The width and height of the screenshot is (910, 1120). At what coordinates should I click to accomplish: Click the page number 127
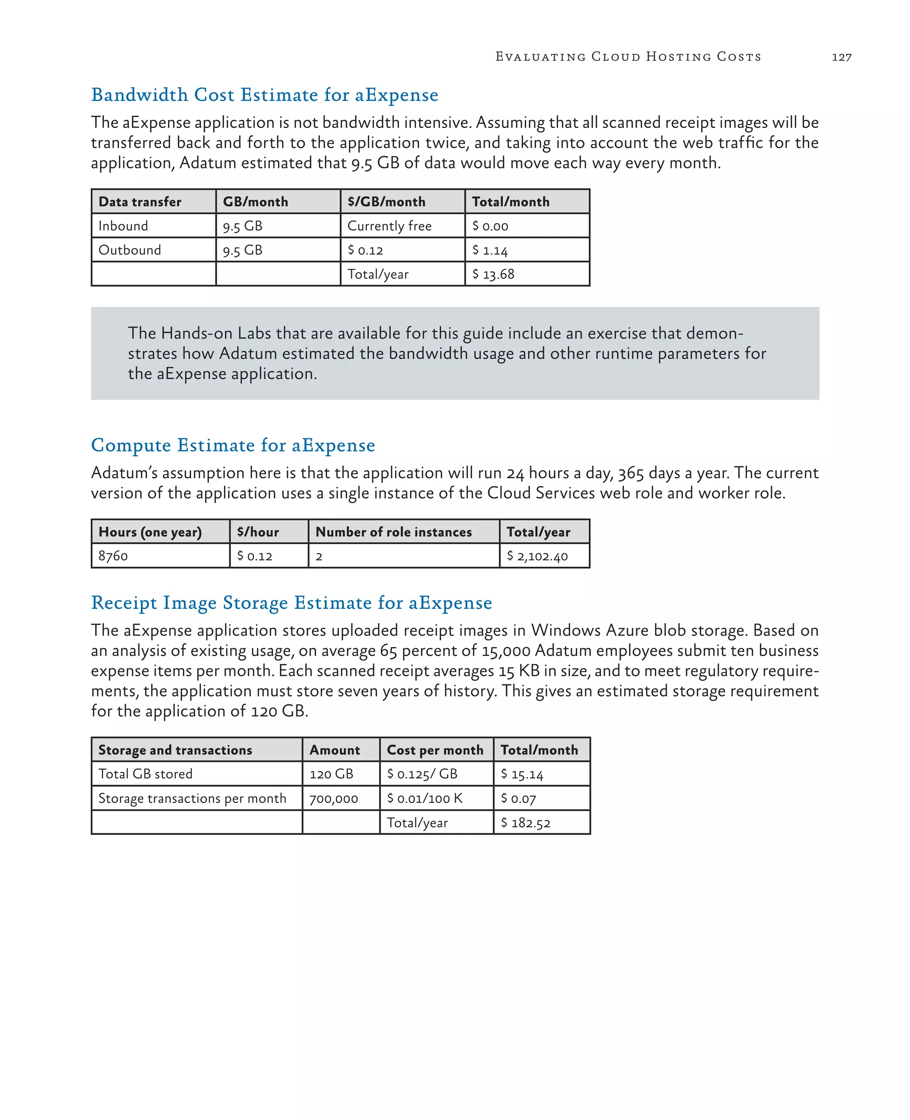click(x=841, y=57)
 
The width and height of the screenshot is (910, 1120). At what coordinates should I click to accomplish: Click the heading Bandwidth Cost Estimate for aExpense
click(x=265, y=95)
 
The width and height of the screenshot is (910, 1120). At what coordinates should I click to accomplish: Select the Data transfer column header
click(x=140, y=202)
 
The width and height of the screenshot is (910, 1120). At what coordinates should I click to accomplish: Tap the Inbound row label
click(x=123, y=226)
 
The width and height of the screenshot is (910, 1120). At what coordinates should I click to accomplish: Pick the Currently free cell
click(x=390, y=226)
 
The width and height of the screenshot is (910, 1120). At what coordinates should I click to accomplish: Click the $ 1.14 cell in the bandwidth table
click(x=490, y=250)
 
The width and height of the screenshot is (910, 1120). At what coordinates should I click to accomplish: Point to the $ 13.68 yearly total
click(x=493, y=274)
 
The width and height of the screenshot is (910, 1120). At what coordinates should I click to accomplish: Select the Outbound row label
click(x=129, y=250)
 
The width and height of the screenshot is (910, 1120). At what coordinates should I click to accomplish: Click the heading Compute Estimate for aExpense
click(x=233, y=445)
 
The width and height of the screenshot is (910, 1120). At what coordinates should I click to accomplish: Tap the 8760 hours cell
click(x=113, y=556)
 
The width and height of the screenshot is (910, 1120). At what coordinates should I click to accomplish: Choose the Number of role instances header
click(x=394, y=532)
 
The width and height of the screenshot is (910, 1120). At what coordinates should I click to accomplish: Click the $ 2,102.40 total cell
click(x=537, y=556)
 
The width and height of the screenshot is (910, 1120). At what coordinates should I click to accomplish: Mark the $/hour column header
click(x=258, y=532)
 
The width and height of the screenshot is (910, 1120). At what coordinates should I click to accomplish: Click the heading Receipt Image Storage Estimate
click(x=291, y=603)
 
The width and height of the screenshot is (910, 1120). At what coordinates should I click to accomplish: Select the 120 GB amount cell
click(x=331, y=774)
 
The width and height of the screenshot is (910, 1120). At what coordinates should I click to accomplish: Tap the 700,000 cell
click(x=333, y=799)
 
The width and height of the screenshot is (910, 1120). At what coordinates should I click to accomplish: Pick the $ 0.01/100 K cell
click(x=425, y=799)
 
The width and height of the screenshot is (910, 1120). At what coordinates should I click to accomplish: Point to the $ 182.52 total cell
click(x=526, y=823)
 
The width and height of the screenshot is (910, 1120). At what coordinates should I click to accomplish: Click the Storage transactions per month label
click(x=192, y=799)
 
